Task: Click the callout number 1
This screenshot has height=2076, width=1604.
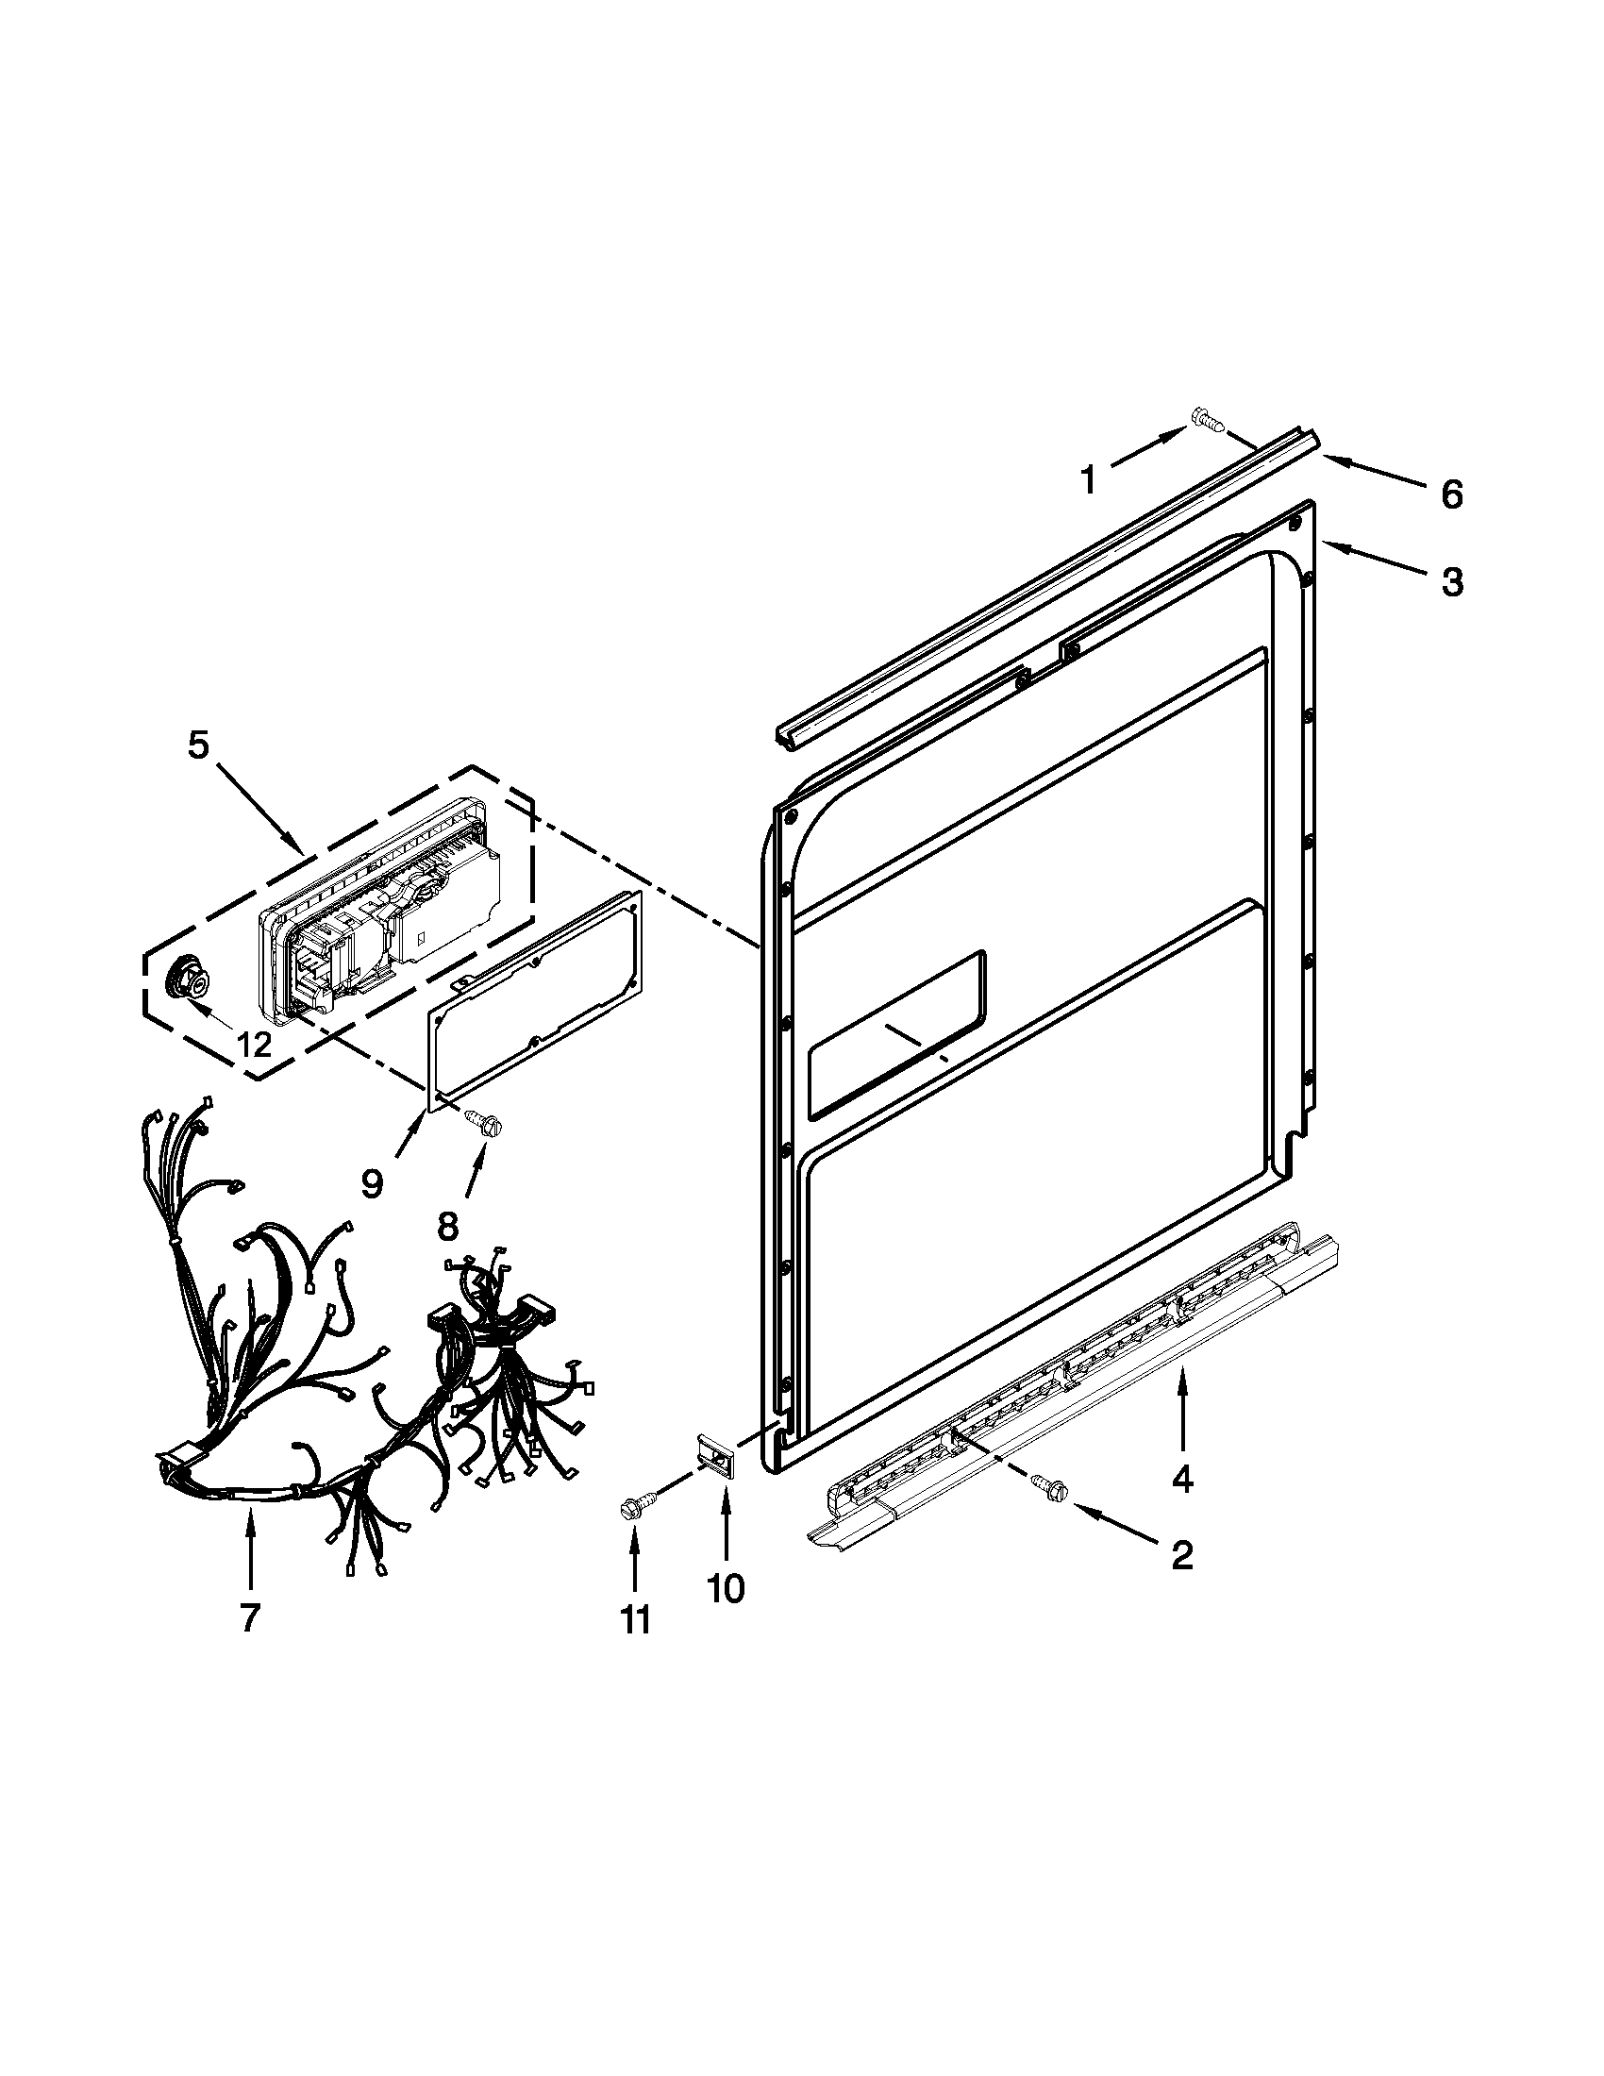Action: pos(1089,480)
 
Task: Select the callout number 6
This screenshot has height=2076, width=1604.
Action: pos(1451,494)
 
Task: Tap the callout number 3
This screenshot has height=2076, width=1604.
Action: pos(1451,581)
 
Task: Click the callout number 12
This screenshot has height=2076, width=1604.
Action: pos(253,1045)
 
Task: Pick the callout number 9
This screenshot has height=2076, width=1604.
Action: pos(372,1183)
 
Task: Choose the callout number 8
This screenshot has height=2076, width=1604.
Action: pos(447,1226)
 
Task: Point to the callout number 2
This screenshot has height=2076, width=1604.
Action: pos(1181,1555)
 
